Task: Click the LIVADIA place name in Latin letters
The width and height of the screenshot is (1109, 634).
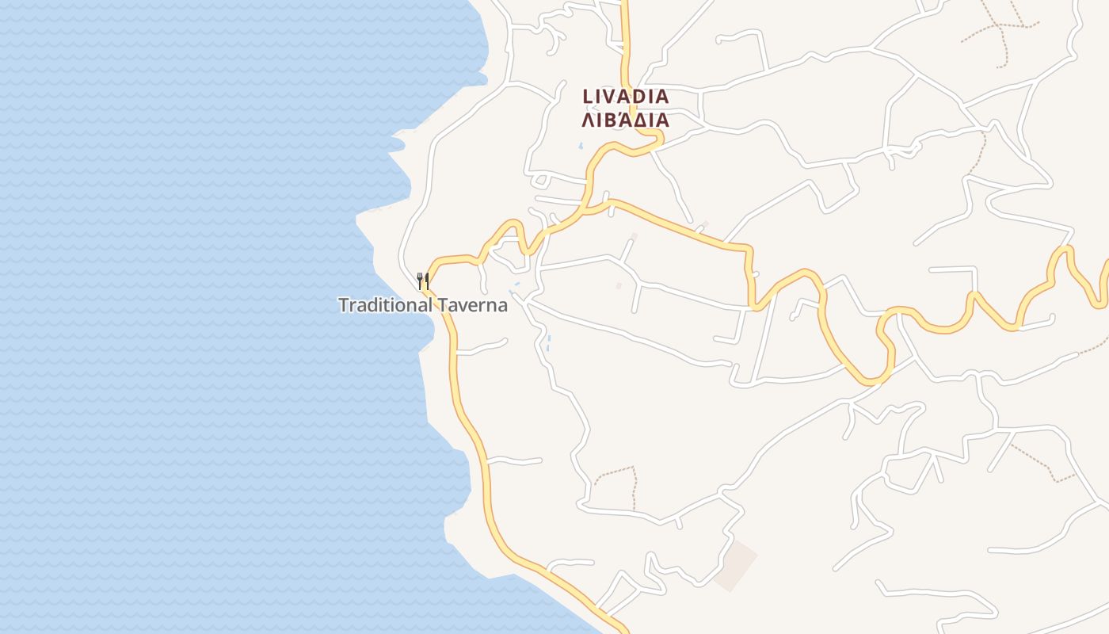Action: pos(626,97)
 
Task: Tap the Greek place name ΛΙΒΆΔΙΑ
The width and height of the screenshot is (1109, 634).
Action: pos(626,120)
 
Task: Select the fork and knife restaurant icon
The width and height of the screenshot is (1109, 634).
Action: pos(423,281)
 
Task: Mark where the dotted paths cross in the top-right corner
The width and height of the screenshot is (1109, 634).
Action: pos(1000,27)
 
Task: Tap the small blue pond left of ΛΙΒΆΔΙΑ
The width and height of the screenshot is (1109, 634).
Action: pos(581,147)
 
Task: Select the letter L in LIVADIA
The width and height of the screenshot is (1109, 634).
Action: pos(587,97)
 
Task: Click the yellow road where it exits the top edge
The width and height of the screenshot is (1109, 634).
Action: pos(623,3)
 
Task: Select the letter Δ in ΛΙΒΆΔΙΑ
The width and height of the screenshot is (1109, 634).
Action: pos(640,120)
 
